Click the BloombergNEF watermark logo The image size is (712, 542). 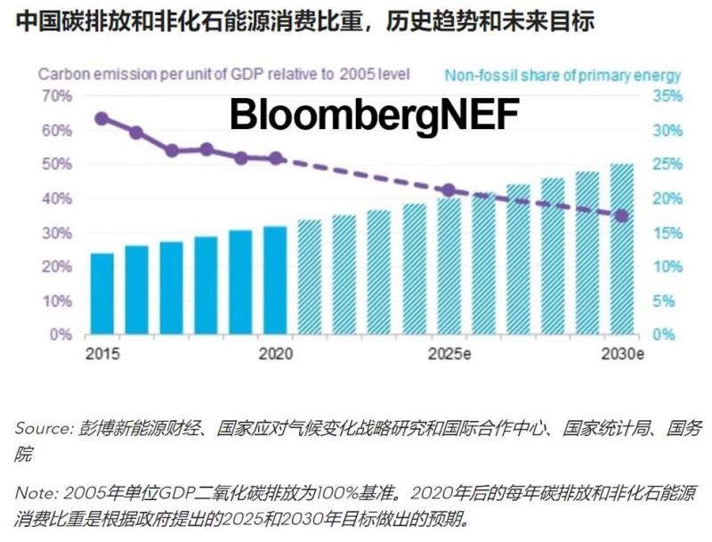(375, 115)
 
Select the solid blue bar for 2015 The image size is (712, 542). (102, 294)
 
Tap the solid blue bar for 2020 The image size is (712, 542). (275, 280)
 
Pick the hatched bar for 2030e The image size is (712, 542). (621, 249)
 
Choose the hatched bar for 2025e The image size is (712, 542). (449, 266)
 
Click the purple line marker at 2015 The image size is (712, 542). (101, 118)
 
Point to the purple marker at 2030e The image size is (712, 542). (622, 215)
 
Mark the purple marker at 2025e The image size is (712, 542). (449, 190)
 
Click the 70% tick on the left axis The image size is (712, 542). (56, 96)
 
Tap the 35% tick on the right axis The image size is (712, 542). (667, 96)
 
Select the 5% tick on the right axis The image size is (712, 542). (663, 301)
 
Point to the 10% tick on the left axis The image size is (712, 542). (56, 301)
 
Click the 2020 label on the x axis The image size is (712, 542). (276, 354)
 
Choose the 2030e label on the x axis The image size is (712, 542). (621, 354)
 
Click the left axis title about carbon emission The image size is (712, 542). (223, 75)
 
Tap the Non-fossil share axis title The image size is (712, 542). (562, 76)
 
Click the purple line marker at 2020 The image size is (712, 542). (276, 158)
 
